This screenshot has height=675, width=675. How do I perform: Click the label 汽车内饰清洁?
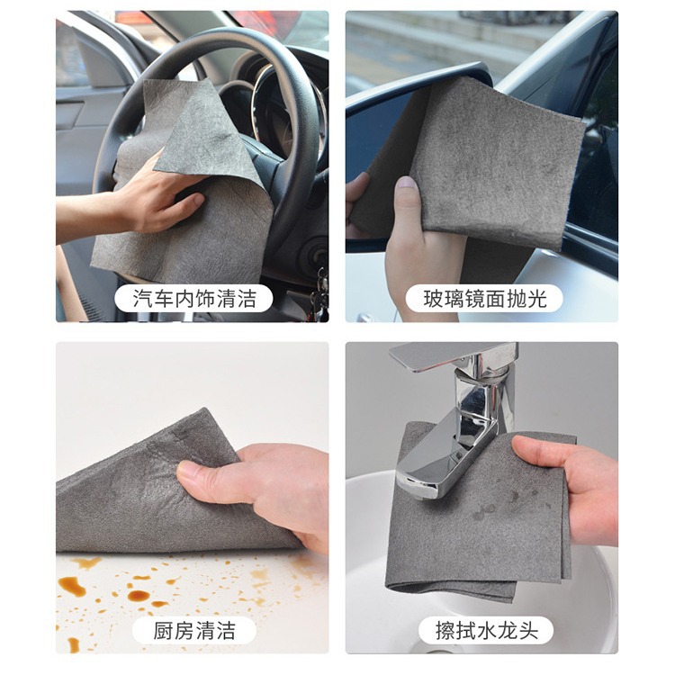pyautogui.click(x=194, y=298)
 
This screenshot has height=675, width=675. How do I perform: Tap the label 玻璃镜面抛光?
pyautogui.click(x=485, y=299)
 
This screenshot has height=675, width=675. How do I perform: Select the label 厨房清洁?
pyautogui.click(x=194, y=631)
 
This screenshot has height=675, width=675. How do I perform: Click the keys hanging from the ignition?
pyautogui.click(x=319, y=292)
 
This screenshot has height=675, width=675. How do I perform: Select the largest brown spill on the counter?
pyautogui.click(x=72, y=586)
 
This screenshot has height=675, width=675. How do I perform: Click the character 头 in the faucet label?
pyautogui.click(x=528, y=631)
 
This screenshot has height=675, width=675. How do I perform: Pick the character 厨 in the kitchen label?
pyautogui.click(x=163, y=631)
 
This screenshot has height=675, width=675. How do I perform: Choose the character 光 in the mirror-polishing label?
pyautogui.click(x=537, y=299)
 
